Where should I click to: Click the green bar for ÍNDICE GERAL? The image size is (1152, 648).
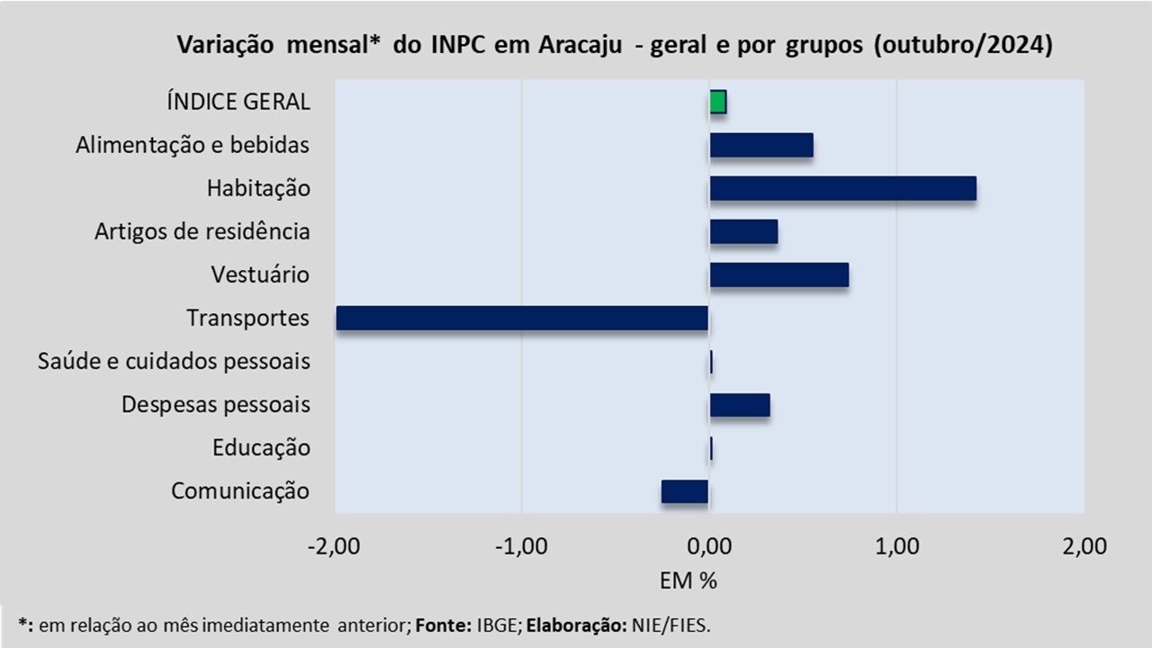717,102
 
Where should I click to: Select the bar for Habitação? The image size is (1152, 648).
842,188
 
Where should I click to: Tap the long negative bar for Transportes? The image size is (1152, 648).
522,318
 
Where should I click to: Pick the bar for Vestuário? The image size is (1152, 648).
778,274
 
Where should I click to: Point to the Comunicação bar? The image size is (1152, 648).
685,491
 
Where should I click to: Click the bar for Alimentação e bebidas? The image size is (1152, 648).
761,145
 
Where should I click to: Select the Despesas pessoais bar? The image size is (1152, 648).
740,405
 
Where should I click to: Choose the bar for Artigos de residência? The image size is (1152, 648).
743,231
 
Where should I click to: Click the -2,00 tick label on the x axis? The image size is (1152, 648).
334,546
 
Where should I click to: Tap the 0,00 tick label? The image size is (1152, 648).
709,546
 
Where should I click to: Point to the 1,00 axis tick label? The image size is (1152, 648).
896,546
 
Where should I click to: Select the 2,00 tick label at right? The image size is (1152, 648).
1084,546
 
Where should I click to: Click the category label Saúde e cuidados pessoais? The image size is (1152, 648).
174,362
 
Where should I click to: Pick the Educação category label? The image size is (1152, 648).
261,448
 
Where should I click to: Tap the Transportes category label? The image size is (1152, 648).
247,319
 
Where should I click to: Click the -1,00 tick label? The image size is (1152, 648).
521,546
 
